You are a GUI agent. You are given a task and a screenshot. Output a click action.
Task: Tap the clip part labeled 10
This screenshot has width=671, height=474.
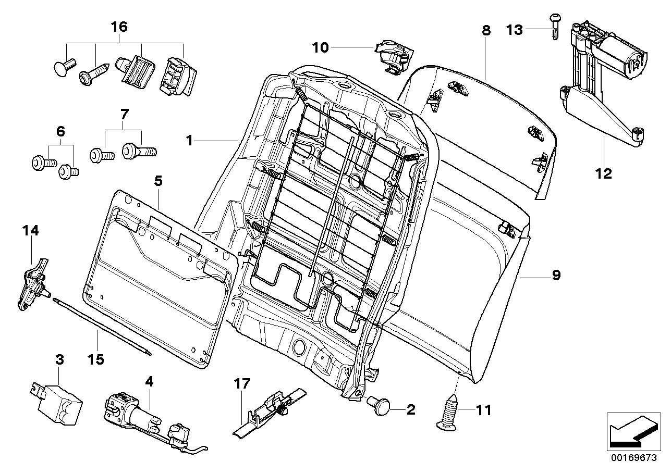(395, 55)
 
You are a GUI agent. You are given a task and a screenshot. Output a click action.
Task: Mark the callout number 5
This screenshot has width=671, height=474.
(158, 181)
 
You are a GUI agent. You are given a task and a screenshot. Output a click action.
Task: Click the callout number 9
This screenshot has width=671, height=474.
(556, 275)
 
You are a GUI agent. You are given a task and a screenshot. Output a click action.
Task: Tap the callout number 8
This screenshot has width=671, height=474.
(486, 30)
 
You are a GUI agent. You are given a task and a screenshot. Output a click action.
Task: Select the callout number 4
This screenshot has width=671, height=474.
(150, 381)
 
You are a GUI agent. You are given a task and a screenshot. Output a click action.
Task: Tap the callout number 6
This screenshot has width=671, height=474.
(60, 132)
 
